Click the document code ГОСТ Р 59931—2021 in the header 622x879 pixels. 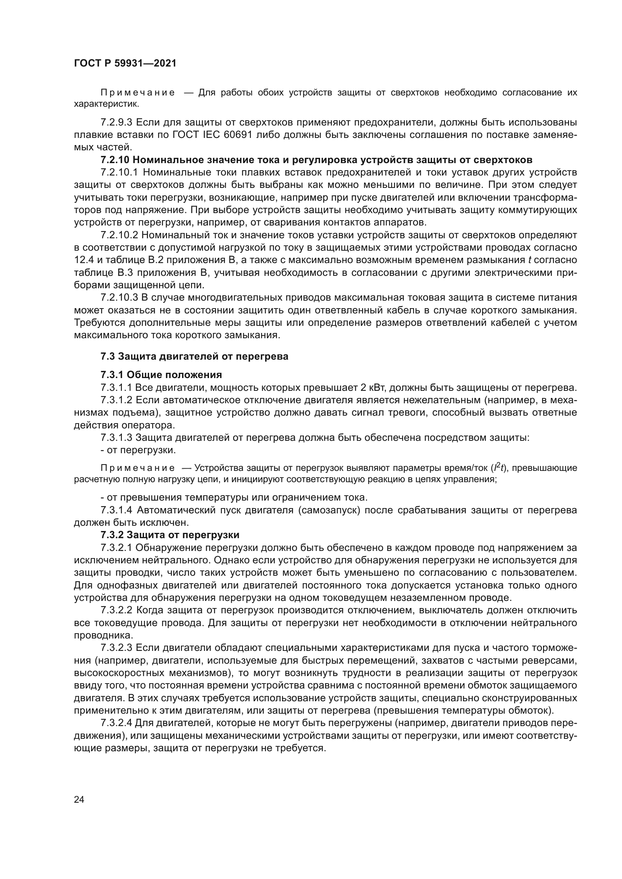point(125,64)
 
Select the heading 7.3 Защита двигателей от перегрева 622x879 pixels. point(194,356)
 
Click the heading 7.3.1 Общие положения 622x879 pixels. point(161,374)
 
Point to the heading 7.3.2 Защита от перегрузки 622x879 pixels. point(170,535)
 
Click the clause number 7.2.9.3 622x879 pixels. point(117,123)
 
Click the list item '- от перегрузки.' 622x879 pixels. point(138,450)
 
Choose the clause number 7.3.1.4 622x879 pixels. point(117,510)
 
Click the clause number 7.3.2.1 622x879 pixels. point(117,548)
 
